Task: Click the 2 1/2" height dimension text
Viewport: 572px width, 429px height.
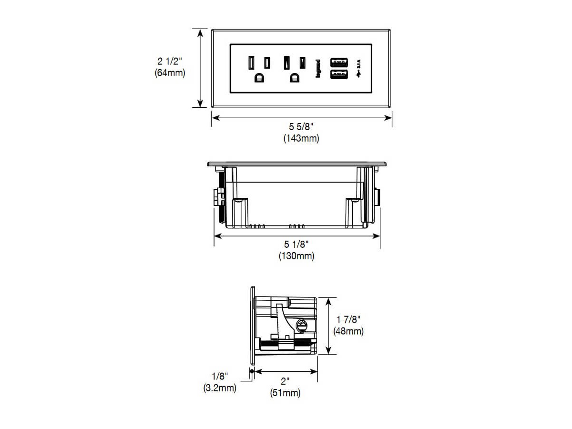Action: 170,61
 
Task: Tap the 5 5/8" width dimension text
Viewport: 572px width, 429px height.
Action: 301,127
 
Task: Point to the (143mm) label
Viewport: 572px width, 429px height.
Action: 301,139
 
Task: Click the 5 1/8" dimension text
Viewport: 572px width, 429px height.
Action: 296,244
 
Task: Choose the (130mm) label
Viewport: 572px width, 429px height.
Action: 296,256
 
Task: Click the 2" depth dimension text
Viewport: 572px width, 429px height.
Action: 286,381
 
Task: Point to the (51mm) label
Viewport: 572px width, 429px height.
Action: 286,393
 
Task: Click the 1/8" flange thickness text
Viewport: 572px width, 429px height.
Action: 220,376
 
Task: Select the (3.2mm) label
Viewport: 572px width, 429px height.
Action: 220,388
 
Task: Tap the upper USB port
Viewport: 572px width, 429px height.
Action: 339,61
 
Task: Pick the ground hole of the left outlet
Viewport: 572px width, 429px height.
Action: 259,78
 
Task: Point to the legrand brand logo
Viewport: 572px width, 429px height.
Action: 317,69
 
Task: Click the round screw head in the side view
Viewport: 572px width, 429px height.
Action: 301,326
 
